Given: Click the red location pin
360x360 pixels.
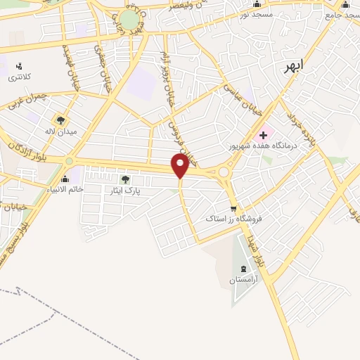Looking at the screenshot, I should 180,166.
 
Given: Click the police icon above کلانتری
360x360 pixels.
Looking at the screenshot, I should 19,67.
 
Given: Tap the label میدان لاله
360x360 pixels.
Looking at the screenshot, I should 59,131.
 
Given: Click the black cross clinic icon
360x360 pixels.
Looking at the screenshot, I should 264,134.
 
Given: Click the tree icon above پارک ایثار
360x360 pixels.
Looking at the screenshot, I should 126,179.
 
